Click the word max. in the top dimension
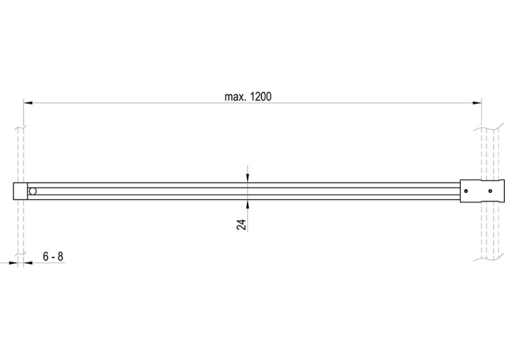pyautogui.click(x=236, y=96)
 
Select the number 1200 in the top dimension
pyautogui.click(x=261, y=96)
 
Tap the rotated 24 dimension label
pyautogui.click(x=241, y=225)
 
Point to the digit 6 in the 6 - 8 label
pyautogui.click(x=46, y=256)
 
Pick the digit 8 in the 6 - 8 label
pyautogui.click(x=60, y=256)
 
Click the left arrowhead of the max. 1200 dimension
pyautogui.click(x=28, y=103)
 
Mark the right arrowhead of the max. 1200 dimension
pyautogui.click(x=477, y=103)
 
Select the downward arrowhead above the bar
pyautogui.click(x=248, y=178)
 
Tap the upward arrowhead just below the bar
pyautogui.click(x=248, y=204)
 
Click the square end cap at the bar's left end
pyautogui.click(x=20, y=191)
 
